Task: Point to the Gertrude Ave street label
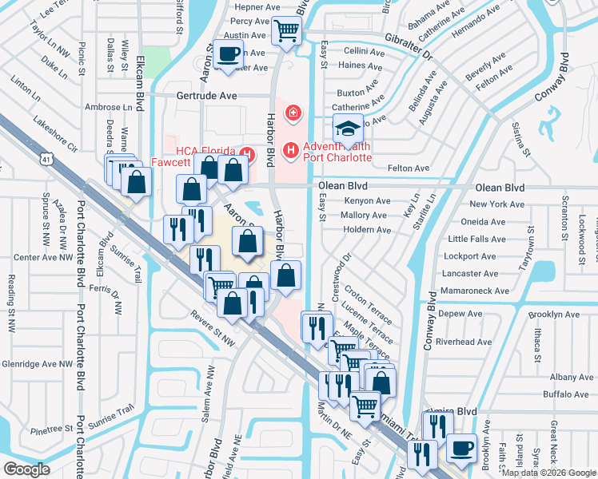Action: coord(206,95)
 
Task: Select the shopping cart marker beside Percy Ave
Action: coord(286,32)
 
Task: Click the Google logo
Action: coord(27,469)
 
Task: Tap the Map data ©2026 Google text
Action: coord(548,473)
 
